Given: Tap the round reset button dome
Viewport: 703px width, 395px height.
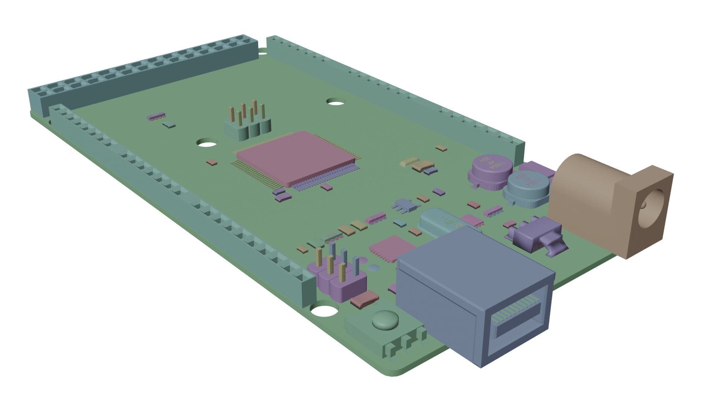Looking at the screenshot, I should tap(385, 320).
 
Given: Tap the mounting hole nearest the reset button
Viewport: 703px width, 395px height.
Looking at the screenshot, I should tap(324, 311).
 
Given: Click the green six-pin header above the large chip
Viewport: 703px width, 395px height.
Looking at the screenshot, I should tap(247, 126).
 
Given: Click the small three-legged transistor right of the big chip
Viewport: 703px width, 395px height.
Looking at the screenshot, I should tap(405, 206).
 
